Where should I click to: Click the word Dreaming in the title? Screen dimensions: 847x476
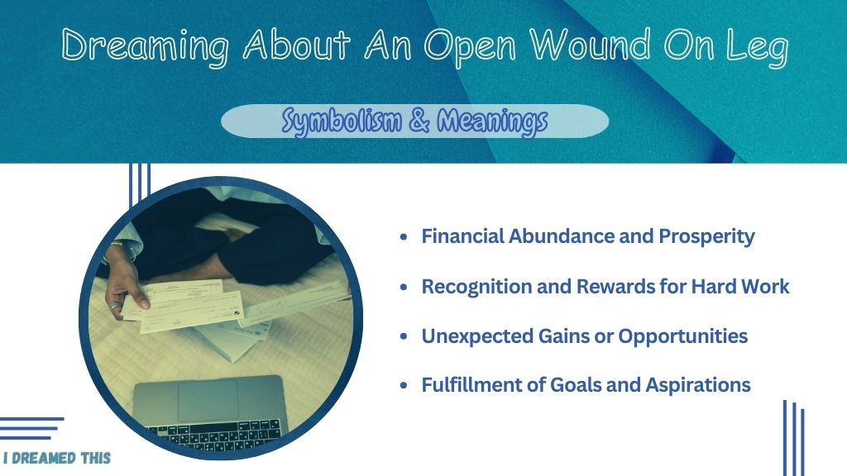point(145,47)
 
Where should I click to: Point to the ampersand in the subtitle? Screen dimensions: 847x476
point(419,121)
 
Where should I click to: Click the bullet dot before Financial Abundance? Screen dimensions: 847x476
point(404,236)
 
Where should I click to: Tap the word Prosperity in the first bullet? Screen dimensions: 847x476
point(706,237)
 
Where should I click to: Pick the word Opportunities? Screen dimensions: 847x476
point(682,336)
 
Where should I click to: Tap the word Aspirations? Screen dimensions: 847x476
point(698,385)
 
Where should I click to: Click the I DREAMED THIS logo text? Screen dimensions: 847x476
point(57,458)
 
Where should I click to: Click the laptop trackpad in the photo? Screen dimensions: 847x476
point(208,400)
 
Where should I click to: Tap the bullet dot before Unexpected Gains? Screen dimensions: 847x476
point(404,336)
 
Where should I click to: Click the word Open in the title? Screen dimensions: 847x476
point(470,47)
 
